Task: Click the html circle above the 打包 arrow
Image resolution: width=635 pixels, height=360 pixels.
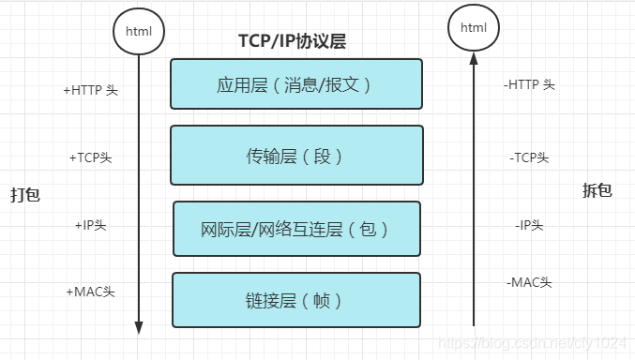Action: (x=139, y=31)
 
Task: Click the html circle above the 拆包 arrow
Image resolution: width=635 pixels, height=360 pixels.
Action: (x=474, y=28)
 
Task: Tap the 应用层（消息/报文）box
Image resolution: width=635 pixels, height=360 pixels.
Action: (x=296, y=84)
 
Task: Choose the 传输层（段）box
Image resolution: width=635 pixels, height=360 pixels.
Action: (x=296, y=156)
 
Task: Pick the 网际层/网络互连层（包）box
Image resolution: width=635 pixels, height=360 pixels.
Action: (x=296, y=229)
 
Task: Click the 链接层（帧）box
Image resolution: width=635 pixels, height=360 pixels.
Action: (x=296, y=300)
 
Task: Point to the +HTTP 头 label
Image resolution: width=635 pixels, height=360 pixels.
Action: (x=90, y=91)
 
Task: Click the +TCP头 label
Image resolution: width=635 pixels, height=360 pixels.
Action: (x=90, y=157)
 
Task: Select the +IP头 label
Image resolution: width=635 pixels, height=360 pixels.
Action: (x=92, y=225)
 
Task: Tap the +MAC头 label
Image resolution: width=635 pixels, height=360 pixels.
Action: (x=90, y=292)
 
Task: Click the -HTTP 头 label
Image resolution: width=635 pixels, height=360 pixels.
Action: (x=529, y=84)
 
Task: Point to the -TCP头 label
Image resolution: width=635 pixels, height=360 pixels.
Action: (x=530, y=157)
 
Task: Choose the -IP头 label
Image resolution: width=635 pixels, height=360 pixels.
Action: (x=529, y=225)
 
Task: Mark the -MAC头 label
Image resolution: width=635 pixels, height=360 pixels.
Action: (x=529, y=281)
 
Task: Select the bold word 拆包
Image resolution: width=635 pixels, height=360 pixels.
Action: (x=597, y=190)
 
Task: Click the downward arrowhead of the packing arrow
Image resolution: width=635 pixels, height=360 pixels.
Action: (x=139, y=327)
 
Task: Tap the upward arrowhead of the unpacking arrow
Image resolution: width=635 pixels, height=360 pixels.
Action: (x=474, y=60)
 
